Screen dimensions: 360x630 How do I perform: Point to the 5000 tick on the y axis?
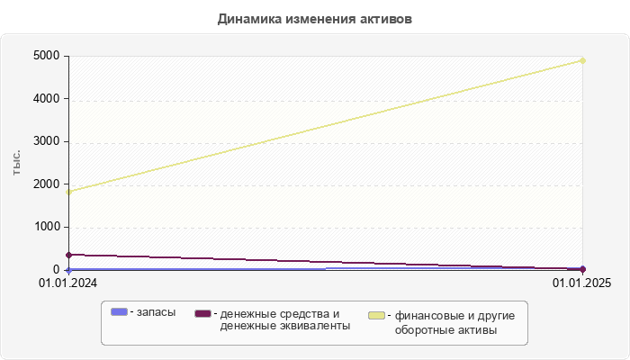point(47,56)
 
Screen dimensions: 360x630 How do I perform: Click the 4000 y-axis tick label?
point(47,99)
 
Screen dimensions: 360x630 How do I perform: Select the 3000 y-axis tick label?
point(47,141)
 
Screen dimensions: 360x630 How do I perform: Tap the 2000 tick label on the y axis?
point(47,184)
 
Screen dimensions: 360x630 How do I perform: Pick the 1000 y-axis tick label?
point(47,227)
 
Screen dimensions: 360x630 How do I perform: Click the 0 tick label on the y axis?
point(56,269)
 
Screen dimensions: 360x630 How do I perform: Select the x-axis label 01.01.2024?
point(67,284)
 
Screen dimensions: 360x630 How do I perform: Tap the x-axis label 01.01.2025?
point(582,284)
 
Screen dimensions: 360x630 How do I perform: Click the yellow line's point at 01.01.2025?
point(583,60)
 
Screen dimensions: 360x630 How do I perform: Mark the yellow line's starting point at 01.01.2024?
point(68,192)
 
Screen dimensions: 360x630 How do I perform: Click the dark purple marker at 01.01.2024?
point(68,255)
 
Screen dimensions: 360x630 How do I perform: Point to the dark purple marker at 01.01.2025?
point(583,268)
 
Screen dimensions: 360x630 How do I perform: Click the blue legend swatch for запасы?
point(120,311)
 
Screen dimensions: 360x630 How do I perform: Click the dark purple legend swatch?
point(202,313)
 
